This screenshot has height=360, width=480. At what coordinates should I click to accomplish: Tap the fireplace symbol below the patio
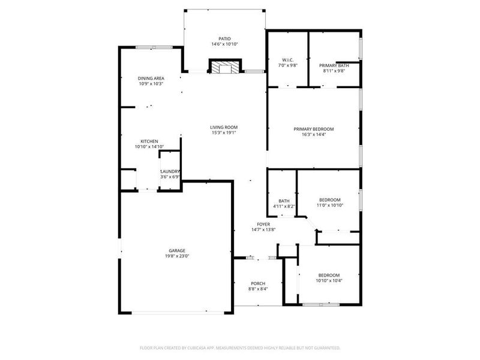[224, 67]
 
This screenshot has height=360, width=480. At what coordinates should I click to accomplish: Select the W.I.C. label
[287, 59]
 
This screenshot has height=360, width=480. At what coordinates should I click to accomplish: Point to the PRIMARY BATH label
[334, 65]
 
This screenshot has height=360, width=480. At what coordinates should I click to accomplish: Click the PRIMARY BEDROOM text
[313, 129]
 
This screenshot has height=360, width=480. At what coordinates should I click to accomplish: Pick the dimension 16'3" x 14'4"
[313, 135]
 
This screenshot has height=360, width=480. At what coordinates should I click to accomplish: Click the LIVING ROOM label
[224, 127]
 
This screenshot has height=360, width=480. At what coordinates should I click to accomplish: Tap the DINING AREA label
[151, 78]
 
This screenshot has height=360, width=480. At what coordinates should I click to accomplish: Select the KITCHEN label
[149, 141]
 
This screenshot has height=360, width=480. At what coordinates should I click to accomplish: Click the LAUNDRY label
[170, 172]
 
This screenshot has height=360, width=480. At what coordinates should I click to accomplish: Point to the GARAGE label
[176, 250]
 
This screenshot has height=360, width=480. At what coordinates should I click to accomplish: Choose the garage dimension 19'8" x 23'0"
[176, 256]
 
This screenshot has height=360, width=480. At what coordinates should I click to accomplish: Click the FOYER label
[263, 224]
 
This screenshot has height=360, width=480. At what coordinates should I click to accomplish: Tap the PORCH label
[257, 283]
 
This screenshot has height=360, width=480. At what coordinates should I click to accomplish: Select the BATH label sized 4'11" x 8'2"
[284, 201]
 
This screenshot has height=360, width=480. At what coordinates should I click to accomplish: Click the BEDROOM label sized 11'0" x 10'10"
[329, 200]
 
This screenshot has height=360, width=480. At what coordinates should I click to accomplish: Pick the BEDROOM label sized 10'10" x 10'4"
[329, 275]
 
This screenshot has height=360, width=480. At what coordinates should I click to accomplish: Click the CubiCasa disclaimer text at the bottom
[240, 347]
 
